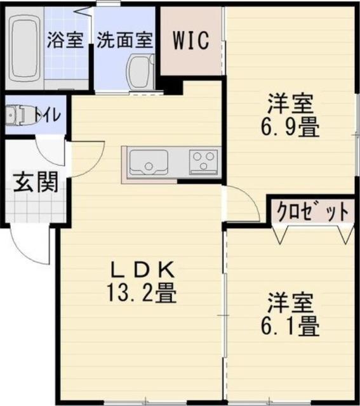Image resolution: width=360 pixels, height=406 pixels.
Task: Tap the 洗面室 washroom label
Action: coord(124,39)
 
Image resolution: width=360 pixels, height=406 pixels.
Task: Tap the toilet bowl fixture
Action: coord(19,115)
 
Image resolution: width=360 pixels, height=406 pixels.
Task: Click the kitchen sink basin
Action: coord(148,164)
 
